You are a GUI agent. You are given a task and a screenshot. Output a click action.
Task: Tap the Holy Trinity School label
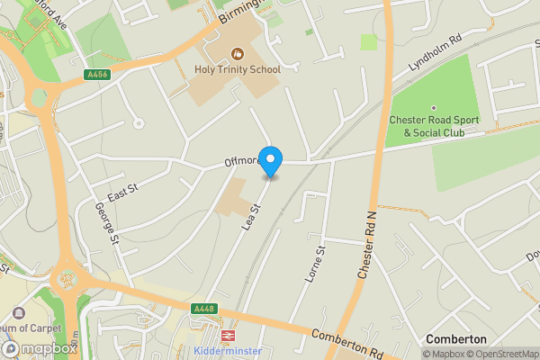coord(238,69)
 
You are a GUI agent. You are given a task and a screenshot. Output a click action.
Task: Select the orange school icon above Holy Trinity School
coord(238,53)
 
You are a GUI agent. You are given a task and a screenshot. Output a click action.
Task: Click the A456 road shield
coord(99,75)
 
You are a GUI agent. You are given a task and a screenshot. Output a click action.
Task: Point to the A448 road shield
coord(203,309)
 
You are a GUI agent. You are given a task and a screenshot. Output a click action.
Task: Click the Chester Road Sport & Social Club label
coord(434,127)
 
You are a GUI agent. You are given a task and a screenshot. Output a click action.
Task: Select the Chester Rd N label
coord(366,244)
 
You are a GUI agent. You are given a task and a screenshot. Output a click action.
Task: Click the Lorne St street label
coord(314,265)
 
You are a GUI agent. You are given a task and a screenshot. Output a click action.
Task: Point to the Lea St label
coord(251,218)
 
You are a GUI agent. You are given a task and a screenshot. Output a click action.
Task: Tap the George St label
coord(105,222)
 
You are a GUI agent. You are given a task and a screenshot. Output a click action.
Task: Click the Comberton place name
coord(456,338)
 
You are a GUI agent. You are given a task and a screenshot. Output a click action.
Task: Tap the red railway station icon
coord(228,335)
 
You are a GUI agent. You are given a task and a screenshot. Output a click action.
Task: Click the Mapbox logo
coord(39,348)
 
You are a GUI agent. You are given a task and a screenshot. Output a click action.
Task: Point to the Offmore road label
coord(241,162)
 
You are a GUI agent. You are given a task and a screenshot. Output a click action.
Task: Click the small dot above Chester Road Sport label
coord(433,107)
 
